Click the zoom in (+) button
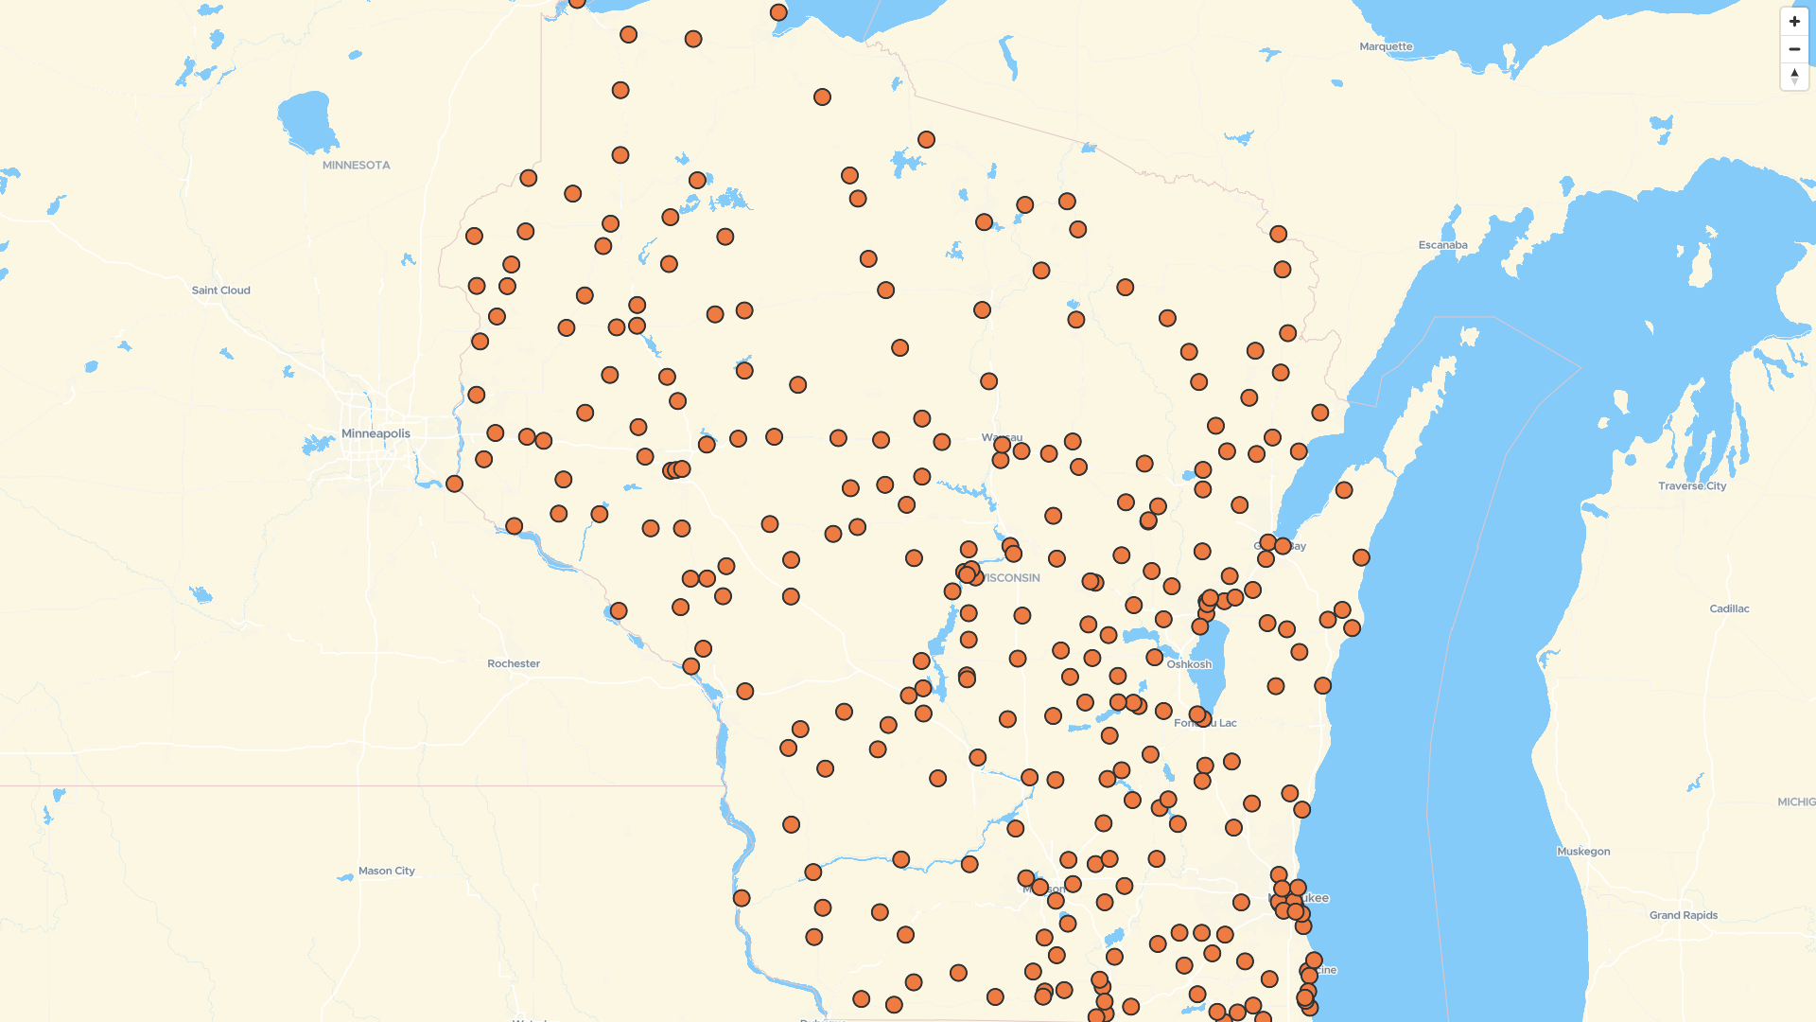(1794, 21)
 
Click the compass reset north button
(1794, 76)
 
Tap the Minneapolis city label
(375, 433)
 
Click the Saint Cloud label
(220, 291)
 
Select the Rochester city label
(514, 663)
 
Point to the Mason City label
(386, 871)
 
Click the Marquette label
(1386, 46)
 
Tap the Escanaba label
(1442, 245)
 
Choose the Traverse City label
(1691, 486)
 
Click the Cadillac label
(1729, 608)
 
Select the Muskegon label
(1583, 852)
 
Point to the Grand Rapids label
(1684, 915)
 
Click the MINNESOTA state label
(356, 165)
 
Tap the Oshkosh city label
(1188, 664)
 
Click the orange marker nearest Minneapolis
(454, 484)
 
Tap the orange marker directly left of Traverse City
(1344, 490)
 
